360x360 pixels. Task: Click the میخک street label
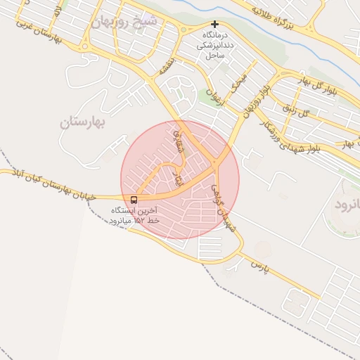[240, 82]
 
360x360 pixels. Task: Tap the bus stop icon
[134, 200]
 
